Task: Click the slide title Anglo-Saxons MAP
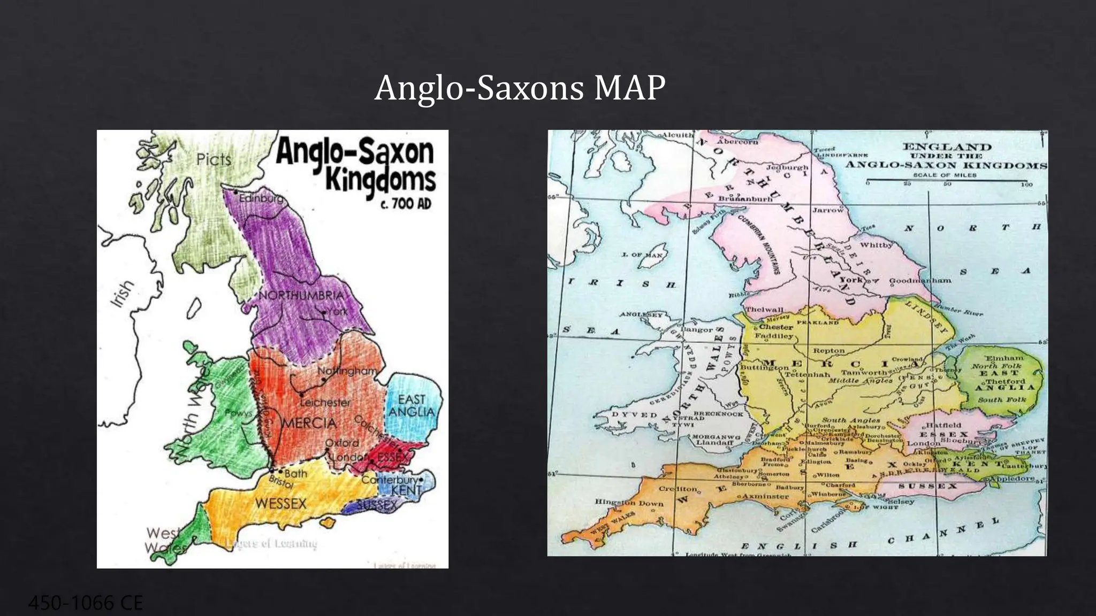click(520, 88)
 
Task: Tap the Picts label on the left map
click(214, 159)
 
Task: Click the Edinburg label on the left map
click(261, 198)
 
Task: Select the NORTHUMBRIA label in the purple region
click(301, 296)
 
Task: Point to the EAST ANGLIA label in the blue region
click(412, 406)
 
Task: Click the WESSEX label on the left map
click(280, 503)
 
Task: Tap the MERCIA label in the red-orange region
click(309, 423)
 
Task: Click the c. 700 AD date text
click(405, 204)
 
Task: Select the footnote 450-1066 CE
click(86, 603)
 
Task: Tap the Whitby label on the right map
click(876, 245)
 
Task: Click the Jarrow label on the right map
click(828, 210)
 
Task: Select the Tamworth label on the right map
click(864, 372)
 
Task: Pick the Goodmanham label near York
click(920, 280)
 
